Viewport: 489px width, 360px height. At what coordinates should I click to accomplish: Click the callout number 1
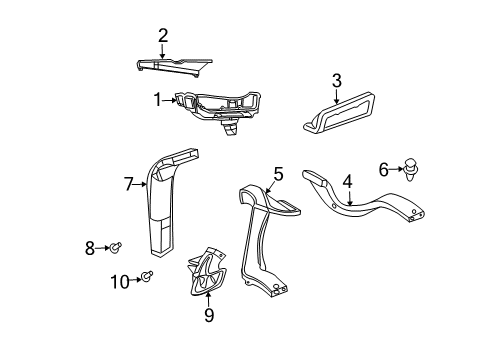click(x=157, y=99)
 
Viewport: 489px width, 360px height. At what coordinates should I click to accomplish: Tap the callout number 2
click(x=163, y=36)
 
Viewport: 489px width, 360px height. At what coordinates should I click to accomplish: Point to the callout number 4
click(x=347, y=182)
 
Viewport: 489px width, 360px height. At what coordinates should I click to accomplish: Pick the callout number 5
click(x=278, y=174)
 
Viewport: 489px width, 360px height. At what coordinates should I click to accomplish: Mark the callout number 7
click(x=128, y=183)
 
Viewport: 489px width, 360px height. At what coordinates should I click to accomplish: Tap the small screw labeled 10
click(x=148, y=277)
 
